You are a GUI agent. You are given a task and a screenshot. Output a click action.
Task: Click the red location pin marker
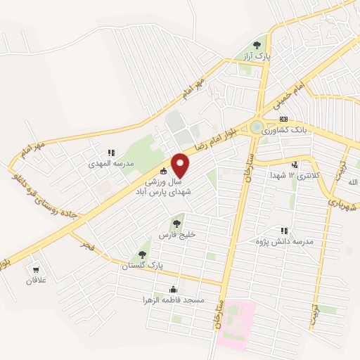click(x=181, y=165)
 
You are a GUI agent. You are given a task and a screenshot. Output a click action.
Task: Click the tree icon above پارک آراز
click(x=265, y=44)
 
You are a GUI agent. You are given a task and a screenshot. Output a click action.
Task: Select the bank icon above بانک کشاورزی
click(x=283, y=120)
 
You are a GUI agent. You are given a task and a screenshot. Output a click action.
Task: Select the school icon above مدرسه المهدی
click(x=110, y=152)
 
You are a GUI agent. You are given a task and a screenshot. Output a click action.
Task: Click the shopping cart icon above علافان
click(x=34, y=269)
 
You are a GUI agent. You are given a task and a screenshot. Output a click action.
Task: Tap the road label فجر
click(x=86, y=244)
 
